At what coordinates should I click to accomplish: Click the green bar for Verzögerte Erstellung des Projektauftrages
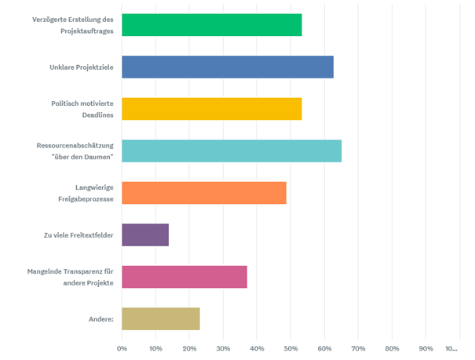pos(212,25)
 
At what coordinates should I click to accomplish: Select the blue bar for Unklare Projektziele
pos(228,67)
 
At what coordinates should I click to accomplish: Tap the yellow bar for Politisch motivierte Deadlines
pos(212,109)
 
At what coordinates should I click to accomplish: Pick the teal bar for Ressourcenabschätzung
pos(232,151)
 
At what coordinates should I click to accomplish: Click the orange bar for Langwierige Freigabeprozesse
pos(204,193)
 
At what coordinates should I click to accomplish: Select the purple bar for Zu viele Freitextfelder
pos(145,235)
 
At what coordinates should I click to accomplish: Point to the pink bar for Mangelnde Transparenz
pos(185,277)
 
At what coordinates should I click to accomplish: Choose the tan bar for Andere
pos(161,318)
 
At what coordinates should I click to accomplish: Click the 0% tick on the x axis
pos(122,347)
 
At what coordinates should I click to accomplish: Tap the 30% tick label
pos(224,347)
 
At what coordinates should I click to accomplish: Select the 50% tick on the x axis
pos(291,347)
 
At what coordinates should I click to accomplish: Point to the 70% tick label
pos(359,347)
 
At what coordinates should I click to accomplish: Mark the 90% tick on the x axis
pos(426,347)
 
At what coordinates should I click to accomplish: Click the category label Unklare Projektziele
pos(76,67)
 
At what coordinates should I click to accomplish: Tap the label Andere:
pos(100,318)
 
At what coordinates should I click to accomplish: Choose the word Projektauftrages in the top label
pos(84,31)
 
